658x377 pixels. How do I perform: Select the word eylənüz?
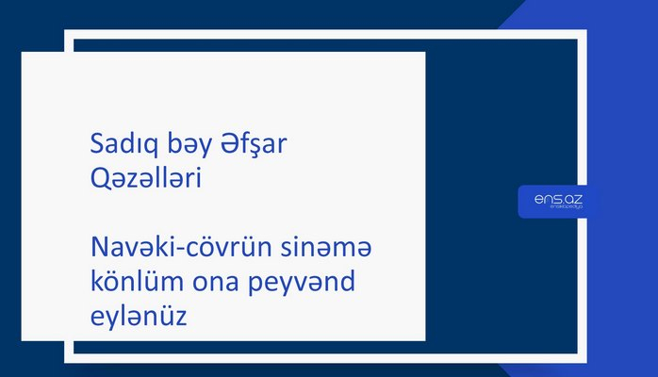[139, 318]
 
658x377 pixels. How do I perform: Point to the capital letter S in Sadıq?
[97, 144]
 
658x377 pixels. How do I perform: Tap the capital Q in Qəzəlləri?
[100, 179]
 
